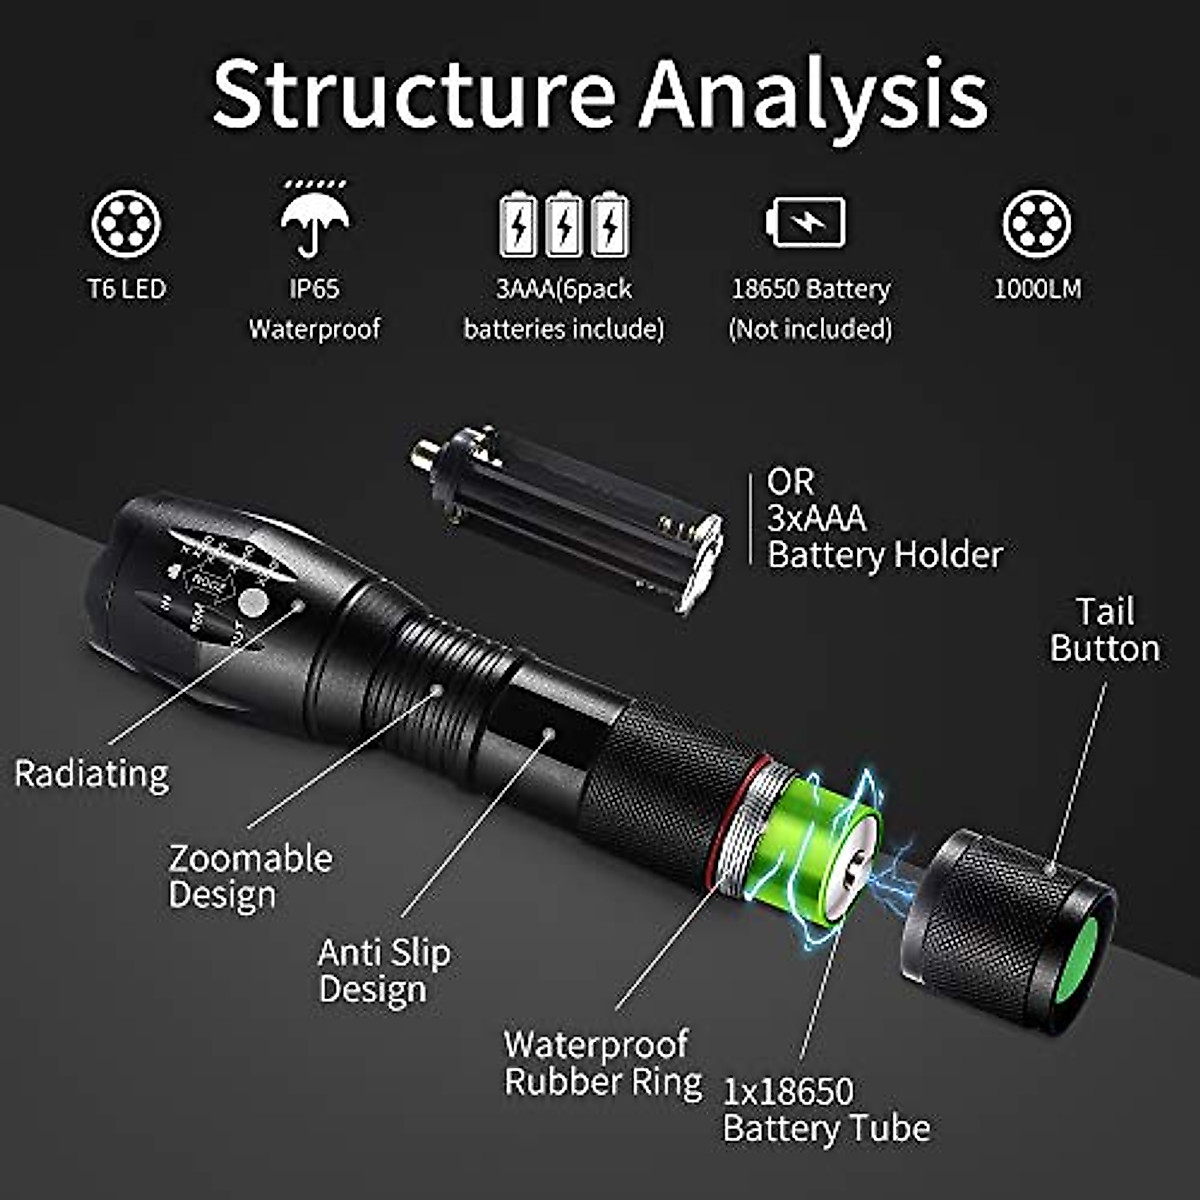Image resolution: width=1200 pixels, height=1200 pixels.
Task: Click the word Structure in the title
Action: pos(413,94)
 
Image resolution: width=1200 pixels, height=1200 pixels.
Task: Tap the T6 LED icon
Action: pos(126,223)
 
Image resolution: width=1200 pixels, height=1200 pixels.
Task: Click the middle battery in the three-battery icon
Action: pos(564,224)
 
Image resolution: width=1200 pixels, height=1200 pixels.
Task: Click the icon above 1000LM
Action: pos(1037,223)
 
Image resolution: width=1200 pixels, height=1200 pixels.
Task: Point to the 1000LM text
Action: pos(1037,289)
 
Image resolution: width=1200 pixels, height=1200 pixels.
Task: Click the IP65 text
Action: pos(314,289)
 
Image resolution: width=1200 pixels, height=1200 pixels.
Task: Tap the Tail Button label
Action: pos(1104,630)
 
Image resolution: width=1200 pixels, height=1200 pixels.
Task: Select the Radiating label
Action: pos(91,774)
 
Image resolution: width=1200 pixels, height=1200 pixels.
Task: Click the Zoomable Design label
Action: pos(250,876)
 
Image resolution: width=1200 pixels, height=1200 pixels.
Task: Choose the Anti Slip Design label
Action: pos(384,971)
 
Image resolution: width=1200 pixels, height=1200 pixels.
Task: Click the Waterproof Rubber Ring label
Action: pos(602,1063)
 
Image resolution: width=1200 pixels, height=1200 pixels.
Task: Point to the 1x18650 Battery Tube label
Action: pos(826,1110)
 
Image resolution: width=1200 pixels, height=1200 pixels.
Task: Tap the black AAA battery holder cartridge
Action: pos(570,515)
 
